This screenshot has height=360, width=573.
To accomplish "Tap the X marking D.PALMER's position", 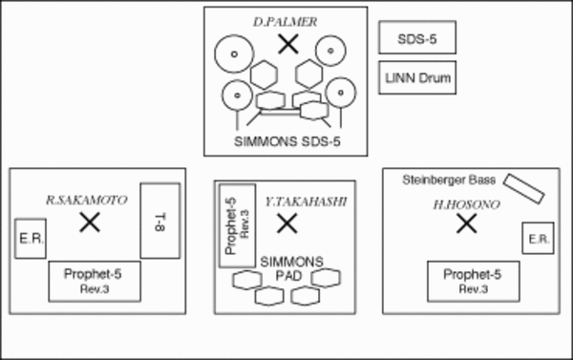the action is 288,44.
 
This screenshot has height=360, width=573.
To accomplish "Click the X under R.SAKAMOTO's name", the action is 90,222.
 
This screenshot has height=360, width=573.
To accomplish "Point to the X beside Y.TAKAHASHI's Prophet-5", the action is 287,223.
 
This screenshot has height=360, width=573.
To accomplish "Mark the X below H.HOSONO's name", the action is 467,223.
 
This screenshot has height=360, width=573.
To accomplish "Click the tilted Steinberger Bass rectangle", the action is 524,189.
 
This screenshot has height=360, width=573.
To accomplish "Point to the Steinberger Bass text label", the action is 449,180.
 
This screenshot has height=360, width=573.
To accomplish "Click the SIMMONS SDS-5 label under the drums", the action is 287,141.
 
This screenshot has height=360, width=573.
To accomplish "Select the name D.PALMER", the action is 285,22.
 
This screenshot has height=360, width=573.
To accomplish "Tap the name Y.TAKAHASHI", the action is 306,201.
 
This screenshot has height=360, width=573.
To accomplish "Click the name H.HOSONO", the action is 467,205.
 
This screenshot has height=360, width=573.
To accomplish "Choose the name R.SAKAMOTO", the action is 87,200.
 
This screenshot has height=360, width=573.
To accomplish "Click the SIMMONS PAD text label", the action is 291,268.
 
